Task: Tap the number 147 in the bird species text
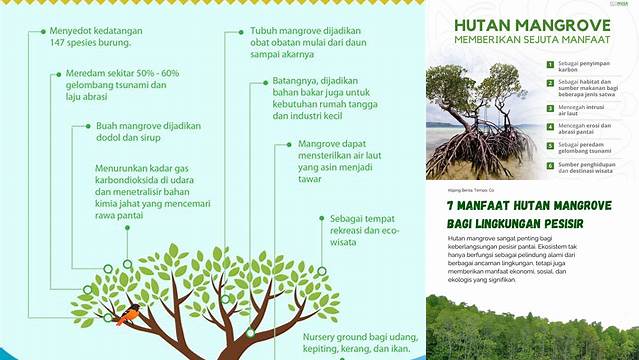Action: click(60, 45)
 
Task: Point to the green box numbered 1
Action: click(549, 64)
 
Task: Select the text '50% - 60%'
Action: click(159, 73)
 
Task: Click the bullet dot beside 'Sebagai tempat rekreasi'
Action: click(320, 217)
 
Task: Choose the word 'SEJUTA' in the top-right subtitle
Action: click(551, 40)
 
